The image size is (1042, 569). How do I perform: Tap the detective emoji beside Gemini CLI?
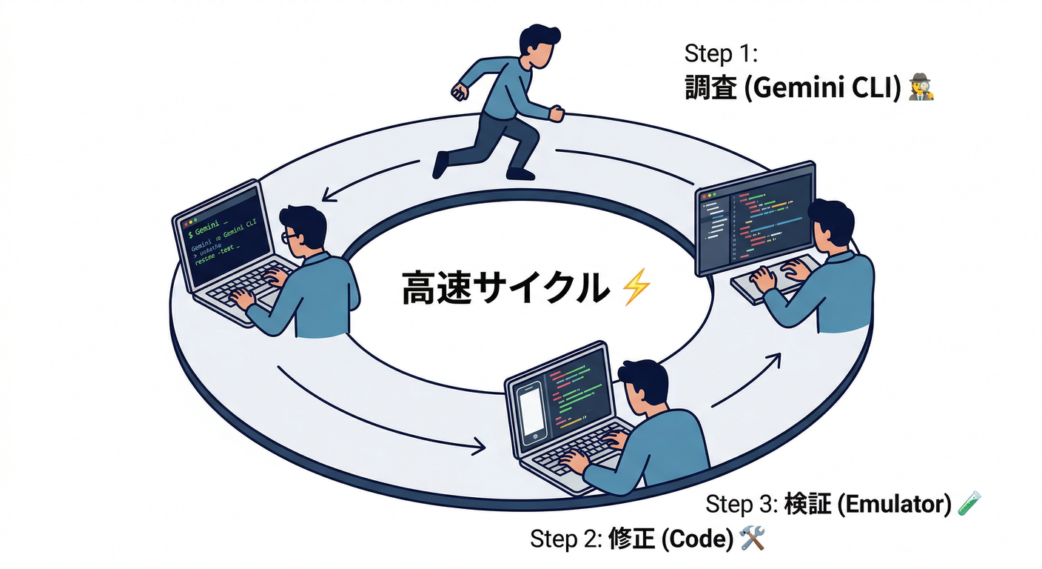(921, 87)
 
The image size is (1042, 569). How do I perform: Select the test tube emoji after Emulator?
(969, 503)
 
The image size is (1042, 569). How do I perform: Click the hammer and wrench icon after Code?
(752, 538)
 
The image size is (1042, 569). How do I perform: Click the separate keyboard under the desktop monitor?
(770, 282)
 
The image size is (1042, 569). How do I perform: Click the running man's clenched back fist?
(459, 93)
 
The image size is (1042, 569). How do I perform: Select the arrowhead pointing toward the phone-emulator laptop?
(479, 447)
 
